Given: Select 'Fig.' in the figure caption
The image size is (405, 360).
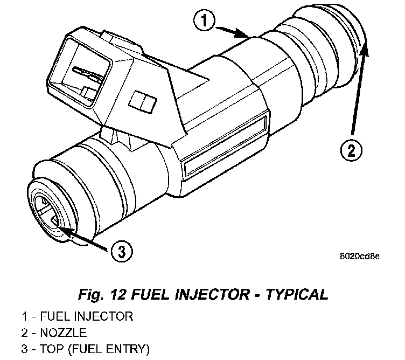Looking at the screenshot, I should [88, 294].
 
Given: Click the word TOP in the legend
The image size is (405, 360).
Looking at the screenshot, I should [48, 349].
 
